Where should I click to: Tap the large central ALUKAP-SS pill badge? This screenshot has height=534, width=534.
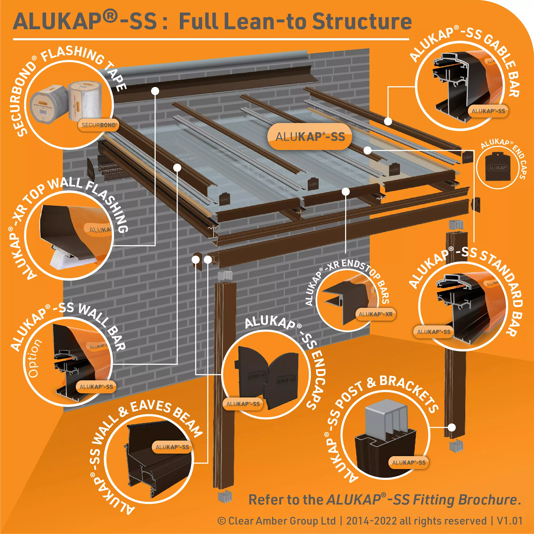[x=310, y=137]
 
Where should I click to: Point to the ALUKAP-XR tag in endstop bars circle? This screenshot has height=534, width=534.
[x=375, y=314]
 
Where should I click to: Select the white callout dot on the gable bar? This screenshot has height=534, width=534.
[x=388, y=121]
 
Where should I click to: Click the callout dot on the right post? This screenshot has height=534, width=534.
[x=451, y=427]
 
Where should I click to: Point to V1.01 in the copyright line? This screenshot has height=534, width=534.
[x=509, y=521]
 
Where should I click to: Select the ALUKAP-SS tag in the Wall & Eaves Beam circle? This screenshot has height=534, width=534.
[x=172, y=447]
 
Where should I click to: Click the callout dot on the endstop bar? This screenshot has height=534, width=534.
[x=346, y=191]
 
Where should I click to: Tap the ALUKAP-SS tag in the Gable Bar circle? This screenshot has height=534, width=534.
[x=488, y=111]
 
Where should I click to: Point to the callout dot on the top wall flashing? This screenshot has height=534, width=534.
[x=155, y=91]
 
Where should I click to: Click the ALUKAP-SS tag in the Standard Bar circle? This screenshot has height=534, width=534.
[x=434, y=332]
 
